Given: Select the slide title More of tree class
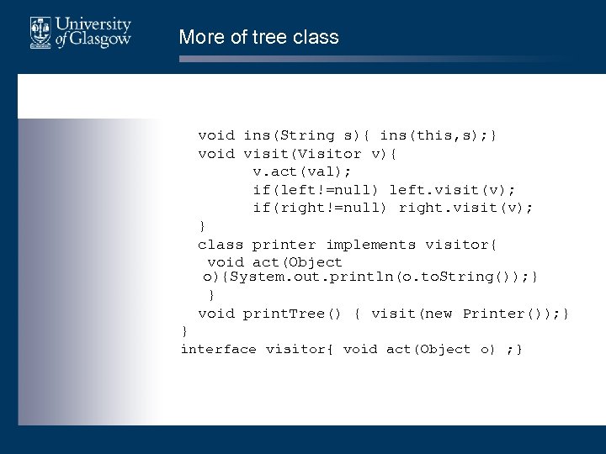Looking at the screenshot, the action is pos(258,37).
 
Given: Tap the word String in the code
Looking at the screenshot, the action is pos(311,135).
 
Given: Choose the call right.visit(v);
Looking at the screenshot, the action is pos(465,208).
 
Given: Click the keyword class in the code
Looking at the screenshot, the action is pos(221,245).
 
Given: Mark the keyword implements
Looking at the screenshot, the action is pos(370,245).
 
